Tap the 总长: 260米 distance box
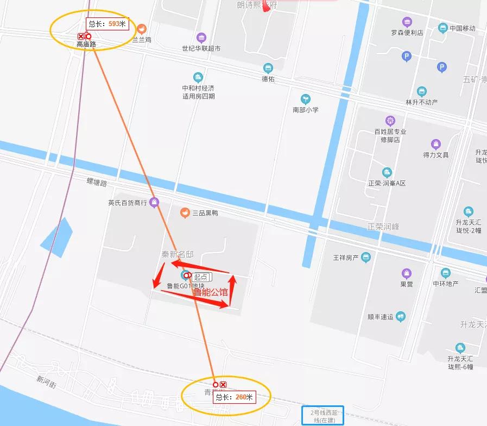[235, 397]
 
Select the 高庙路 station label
[86, 45]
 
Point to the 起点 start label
[201, 277]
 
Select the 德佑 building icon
[268, 68]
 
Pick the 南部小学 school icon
[306, 99]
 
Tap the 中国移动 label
[462, 28]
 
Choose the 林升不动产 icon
[422, 91]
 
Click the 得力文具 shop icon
[435, 144]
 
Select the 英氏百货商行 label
[128, 203]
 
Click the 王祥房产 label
[346, 257]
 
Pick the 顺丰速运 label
[380, 317]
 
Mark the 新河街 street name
[47, 380]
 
